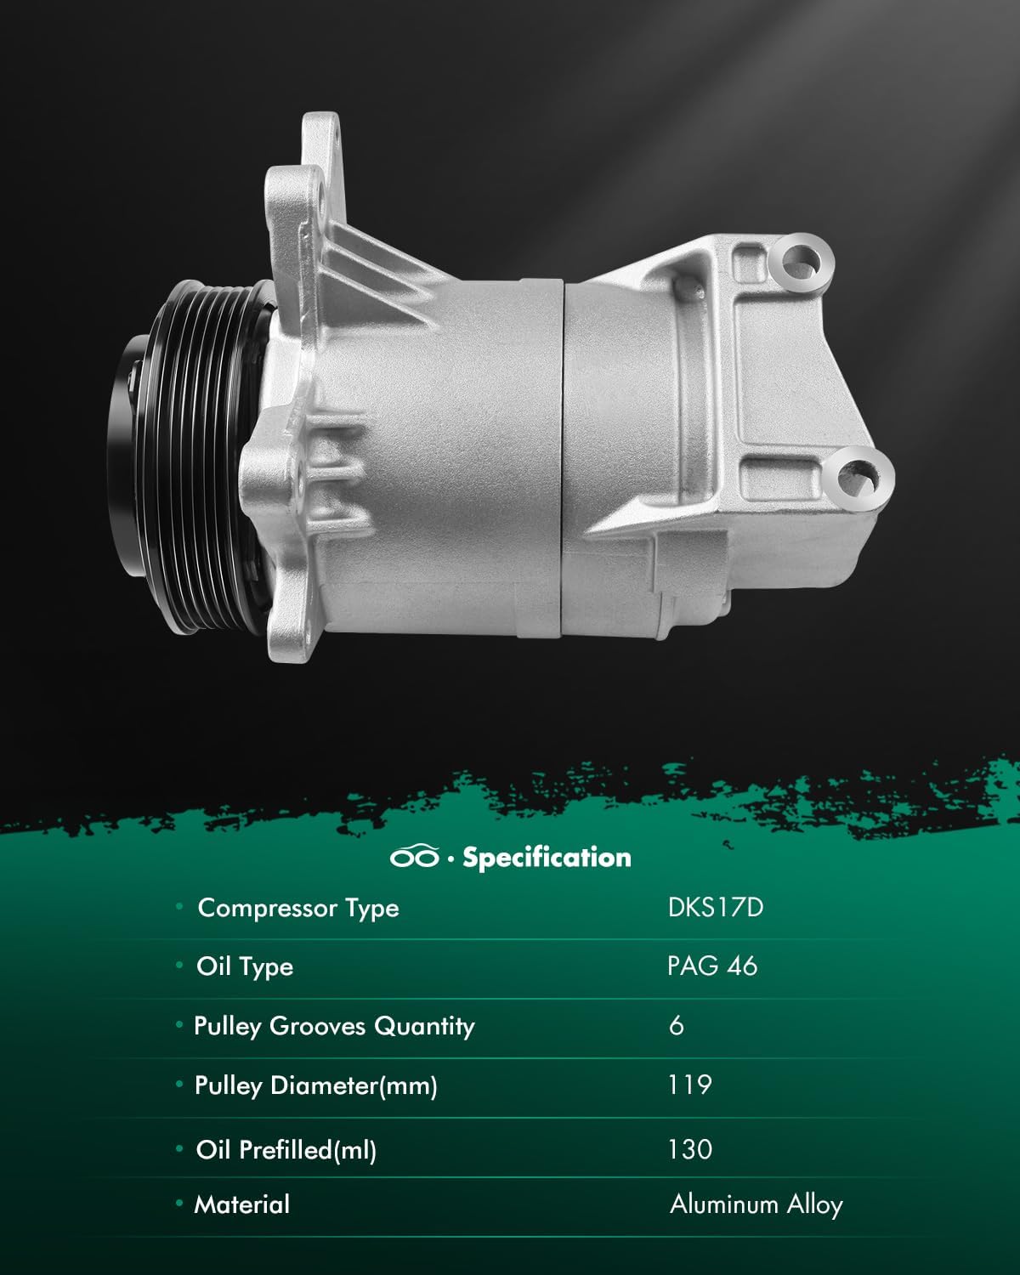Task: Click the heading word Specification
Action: [547, 858]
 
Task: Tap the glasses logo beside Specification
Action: [415, 858]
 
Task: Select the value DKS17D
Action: [716, 908]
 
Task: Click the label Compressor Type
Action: [298, 908]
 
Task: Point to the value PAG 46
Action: [712, 966]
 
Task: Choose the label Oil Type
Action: [245, 966]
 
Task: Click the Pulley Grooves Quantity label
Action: [334, 1026]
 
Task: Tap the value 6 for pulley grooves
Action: [677, 1026]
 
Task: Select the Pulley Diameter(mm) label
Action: [315, 1085]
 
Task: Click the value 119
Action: [689, 1085]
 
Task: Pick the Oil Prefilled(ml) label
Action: [286, 1150]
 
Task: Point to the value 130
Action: [690, 1150]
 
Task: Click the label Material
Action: [242, 1204]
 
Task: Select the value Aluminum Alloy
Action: [756, 1204]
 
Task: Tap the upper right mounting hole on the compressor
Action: [802, 258]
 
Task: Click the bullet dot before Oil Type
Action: [179, 966]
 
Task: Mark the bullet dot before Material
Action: [179, 1204]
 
